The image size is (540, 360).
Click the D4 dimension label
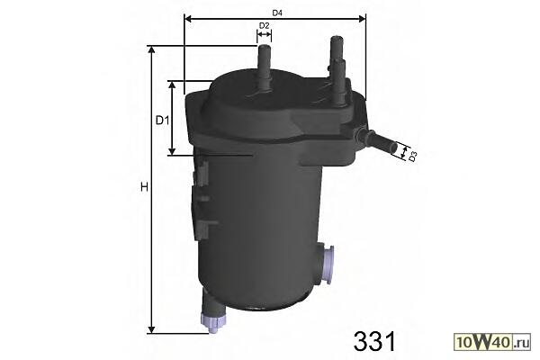point(277,13)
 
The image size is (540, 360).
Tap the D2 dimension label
point(264,25)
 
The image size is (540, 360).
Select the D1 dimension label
point(163,121)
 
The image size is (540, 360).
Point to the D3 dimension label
point(413,157)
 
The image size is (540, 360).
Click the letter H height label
point(144,187)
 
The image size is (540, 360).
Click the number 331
point(374,341)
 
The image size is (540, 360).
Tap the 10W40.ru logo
point(492,342)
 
